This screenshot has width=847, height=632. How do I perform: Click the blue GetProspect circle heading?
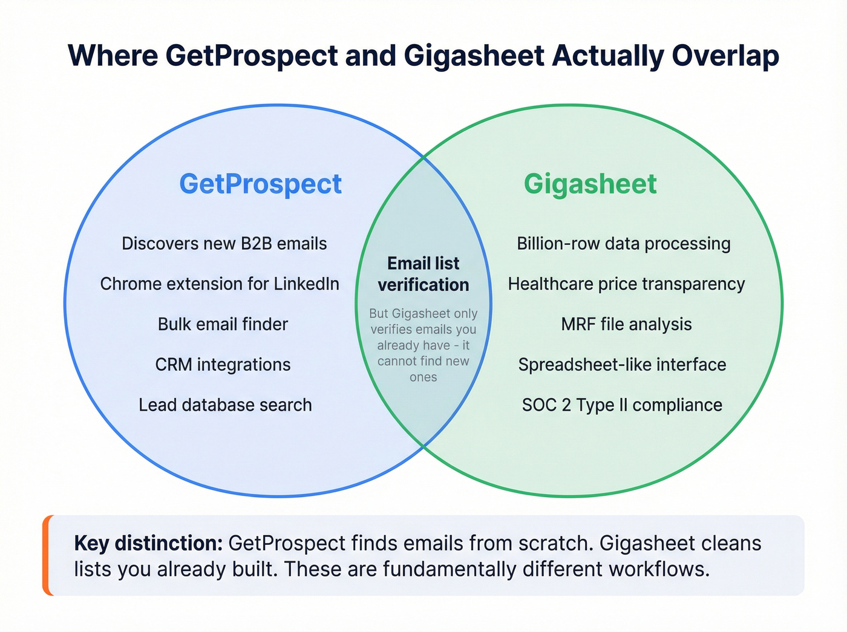260,184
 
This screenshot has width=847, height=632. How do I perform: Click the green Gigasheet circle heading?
590,184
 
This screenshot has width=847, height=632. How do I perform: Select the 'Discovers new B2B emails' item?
224,244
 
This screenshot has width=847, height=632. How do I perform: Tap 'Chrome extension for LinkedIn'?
220,284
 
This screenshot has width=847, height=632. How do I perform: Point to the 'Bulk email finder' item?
223,324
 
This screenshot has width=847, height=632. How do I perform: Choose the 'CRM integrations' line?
223,365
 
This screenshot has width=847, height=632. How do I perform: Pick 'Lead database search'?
225,405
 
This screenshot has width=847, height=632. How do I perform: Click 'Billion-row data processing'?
623,244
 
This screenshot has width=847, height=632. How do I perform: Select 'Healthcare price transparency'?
626,284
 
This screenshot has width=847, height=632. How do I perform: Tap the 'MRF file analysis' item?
626,324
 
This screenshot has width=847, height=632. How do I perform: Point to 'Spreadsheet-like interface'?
622,365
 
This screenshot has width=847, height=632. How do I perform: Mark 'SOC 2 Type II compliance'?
622,405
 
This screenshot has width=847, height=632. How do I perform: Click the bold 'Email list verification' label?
423,274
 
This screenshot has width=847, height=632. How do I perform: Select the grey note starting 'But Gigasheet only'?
423,345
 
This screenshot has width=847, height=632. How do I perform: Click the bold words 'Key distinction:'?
149,543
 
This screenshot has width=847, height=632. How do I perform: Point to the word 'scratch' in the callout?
556,543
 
